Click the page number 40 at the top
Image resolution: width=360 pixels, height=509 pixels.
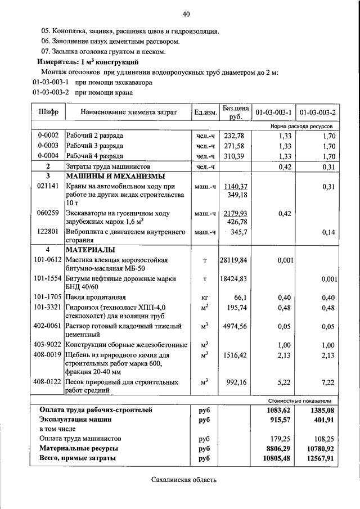coord(186,14)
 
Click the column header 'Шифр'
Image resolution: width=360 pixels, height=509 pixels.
coord(48,112)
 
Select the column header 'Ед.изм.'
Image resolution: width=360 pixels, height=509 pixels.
coord(205,112)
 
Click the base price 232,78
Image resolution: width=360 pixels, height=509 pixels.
coord(233,136)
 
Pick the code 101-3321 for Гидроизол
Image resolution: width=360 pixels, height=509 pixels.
coord(47,307)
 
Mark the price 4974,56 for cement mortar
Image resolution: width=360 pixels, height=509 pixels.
coord(233,326)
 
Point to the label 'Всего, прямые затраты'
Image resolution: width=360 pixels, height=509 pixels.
coord(78,458)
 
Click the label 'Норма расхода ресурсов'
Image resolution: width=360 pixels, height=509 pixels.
coord(305,127)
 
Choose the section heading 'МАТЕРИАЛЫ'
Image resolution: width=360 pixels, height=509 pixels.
coord(90,250)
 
